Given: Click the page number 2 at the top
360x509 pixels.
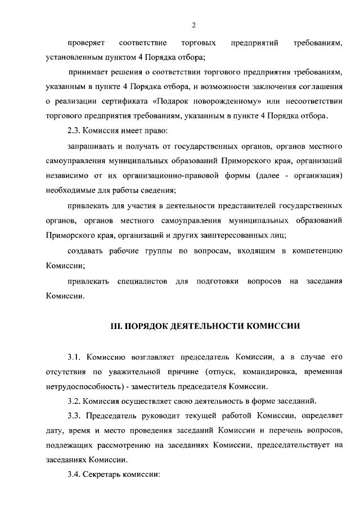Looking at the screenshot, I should click(193, 25).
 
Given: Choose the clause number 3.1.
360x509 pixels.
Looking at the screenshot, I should click(75, 357).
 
